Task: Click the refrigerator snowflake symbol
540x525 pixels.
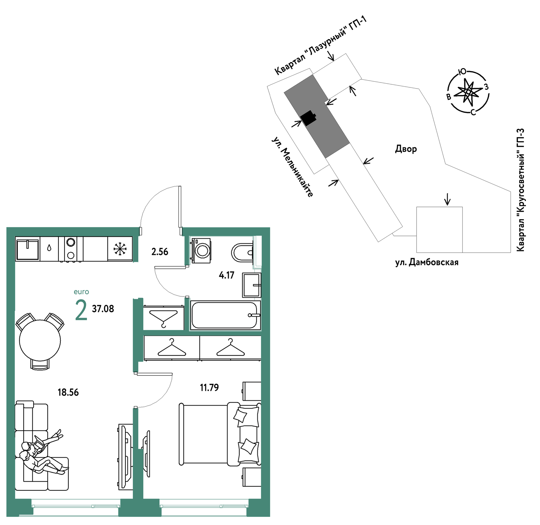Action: [x=120, y=249]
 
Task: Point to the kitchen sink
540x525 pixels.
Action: [x=27, y=249]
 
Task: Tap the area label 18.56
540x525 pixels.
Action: [x=68, y=392]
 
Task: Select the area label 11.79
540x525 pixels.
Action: [x=209, y=388]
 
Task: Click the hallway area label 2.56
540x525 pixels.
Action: [x=160, y=252]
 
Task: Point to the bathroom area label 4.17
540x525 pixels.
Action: [x=226, y=275]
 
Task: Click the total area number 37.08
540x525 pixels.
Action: [x=103, y=309]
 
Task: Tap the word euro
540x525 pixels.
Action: [x=81, y=292]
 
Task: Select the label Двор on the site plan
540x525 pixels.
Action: [x=406, y=149]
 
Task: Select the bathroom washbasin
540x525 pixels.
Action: [x=252, y=285]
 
